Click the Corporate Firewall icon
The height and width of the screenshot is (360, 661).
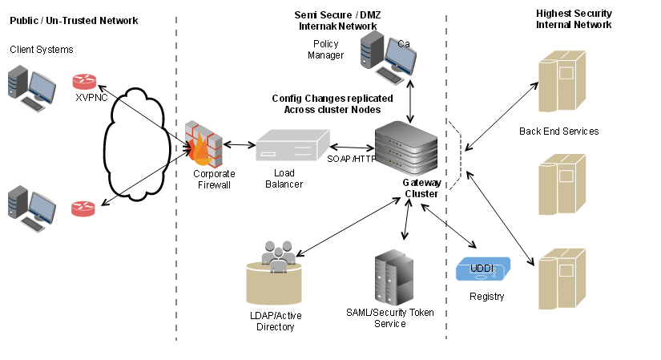click(x=204, y=144)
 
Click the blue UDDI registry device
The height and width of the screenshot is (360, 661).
click(x=483, y=270)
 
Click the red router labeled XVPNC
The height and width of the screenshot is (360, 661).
click(x=83, y=82)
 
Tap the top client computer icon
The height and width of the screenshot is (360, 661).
click(x=31, y=88)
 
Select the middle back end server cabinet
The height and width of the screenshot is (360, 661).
click(x=560, y=184)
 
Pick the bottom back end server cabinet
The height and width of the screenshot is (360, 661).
click(x=560, y=279)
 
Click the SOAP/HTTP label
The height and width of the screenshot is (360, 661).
click(x=351, y=158)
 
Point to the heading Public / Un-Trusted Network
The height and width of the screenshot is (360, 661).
click(x=74, y=20)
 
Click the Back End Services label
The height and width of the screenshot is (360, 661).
click(x=558, y=131)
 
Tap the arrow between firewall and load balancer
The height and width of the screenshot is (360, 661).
click(x=239, y=145)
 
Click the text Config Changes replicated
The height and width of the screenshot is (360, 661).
click(x=325, y=98)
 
